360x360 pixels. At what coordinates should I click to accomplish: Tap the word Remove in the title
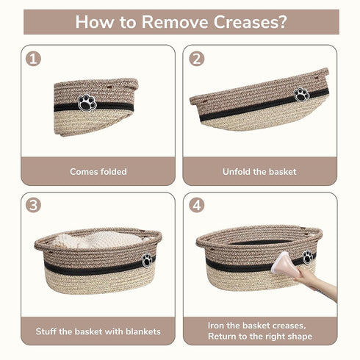click(175, 22)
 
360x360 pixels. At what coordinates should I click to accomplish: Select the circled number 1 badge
click(33, 59)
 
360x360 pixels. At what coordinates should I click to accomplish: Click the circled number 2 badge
click(197, 59)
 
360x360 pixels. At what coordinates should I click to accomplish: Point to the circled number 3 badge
click(33, 205)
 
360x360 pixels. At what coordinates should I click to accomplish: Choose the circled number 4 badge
click(197, 205)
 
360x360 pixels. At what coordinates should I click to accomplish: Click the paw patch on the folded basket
click(87, 103)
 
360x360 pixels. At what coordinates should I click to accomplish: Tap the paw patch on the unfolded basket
click(301, 95)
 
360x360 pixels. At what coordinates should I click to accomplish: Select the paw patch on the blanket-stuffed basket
click(147, 260)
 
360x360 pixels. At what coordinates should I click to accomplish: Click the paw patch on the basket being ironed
click(307, 257)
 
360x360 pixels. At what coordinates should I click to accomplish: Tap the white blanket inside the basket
click(98, 240)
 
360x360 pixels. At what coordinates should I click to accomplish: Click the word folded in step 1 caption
click(114, 172)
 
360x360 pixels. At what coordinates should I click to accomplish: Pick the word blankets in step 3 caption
click(143, 331)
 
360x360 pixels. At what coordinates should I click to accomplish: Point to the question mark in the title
click(283, 22)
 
